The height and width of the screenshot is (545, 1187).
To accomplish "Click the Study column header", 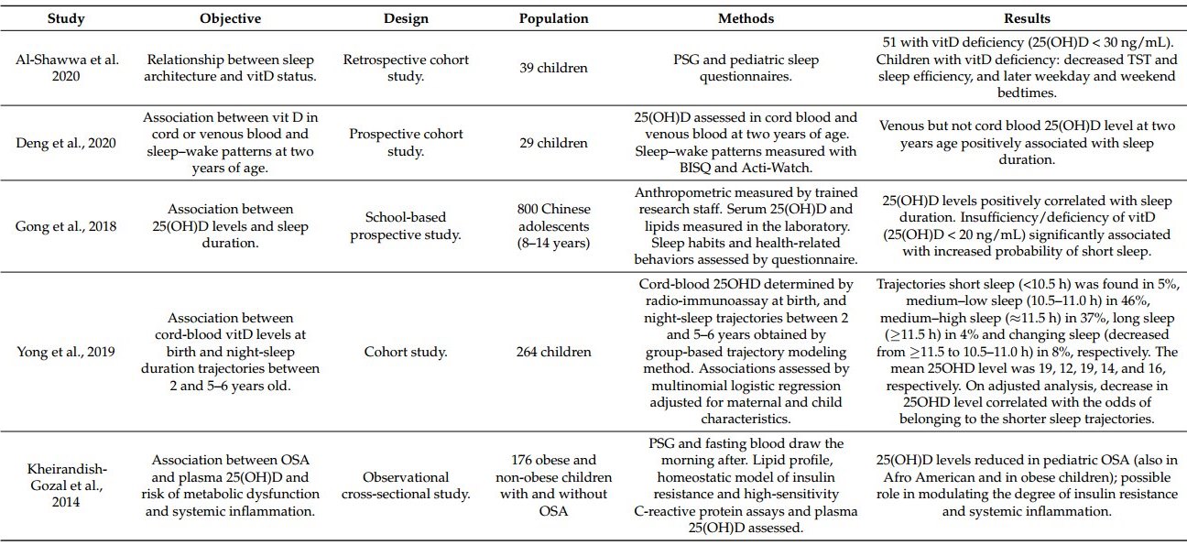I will click(66, 18).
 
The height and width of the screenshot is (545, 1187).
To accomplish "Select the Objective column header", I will click(231, 18).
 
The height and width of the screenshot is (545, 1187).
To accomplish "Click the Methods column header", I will click(746, 18).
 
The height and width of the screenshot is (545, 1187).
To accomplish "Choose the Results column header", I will click(1027, 18).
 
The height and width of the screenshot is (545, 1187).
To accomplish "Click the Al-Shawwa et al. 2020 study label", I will click(66, 68).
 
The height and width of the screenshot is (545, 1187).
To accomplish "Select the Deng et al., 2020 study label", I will click(66, 143).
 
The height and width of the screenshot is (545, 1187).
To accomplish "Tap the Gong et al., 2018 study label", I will click(66, 226).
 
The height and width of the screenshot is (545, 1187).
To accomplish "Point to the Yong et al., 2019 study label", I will click(66, 351).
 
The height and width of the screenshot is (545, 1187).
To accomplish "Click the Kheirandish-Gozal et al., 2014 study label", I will click(66, 485).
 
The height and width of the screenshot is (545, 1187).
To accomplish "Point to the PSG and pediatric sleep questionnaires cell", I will click(746, 68).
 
